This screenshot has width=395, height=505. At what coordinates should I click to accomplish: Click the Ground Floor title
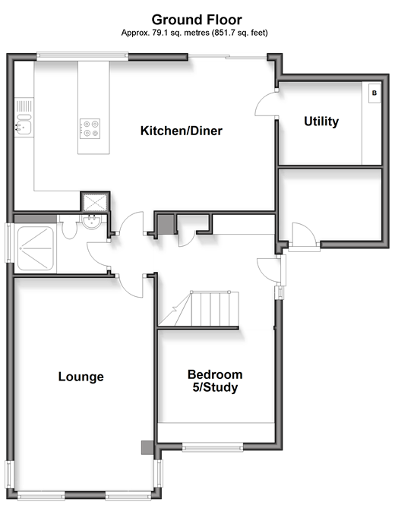[197, 20]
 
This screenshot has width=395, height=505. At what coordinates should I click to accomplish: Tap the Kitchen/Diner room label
[182, 131]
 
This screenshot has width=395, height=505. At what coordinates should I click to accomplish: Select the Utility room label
[321, 122]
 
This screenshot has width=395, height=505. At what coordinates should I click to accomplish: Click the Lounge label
[81, 377]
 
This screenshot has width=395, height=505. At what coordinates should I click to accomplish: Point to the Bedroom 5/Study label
[215, 381]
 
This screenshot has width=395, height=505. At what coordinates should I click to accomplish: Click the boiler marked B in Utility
[374, 93]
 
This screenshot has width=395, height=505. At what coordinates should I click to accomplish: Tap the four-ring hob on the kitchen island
[90, 128]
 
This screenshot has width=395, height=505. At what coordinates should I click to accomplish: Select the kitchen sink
[24, 124]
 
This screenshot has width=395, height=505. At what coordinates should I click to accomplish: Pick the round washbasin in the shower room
[92, 222]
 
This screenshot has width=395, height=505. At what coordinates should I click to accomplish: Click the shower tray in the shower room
[36, 248]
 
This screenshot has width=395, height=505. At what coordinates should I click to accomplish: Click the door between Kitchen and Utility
[266, 103]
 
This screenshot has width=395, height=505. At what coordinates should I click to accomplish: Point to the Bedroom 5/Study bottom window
[213, 447]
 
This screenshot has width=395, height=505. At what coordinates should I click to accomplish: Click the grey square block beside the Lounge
[147, 447]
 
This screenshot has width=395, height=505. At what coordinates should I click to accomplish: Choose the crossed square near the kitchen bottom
[95, 202]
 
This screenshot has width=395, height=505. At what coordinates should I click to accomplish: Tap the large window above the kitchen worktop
[83, 56]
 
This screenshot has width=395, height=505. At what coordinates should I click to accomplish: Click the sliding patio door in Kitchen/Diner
[227, 57]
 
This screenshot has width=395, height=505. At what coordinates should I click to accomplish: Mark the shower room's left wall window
[9, 243]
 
